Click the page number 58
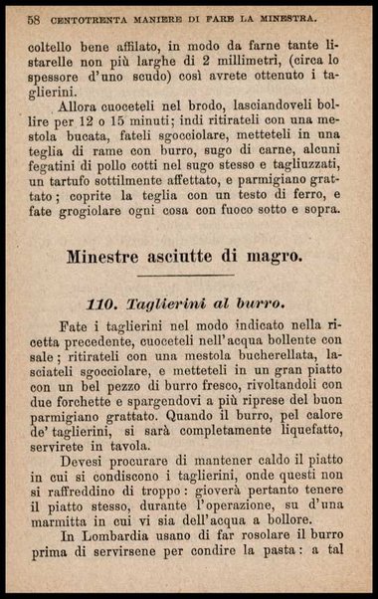(34, 18)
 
